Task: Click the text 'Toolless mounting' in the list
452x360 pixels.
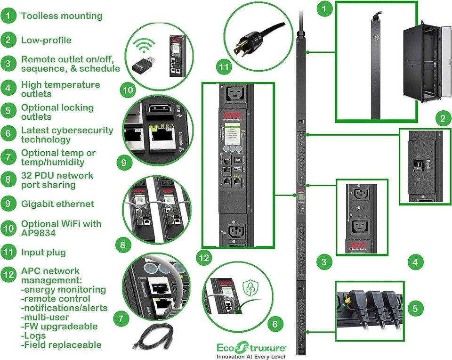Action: point(61,16)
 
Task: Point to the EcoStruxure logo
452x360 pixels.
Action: point(251,348)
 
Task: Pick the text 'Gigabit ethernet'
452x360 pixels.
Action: point(57,204)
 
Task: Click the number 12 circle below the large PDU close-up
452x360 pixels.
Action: point(204,257)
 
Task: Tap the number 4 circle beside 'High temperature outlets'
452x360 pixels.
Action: point(8,88)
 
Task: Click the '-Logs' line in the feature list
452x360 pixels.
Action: point(34,335)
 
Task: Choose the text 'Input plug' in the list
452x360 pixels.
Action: point(43,252)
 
